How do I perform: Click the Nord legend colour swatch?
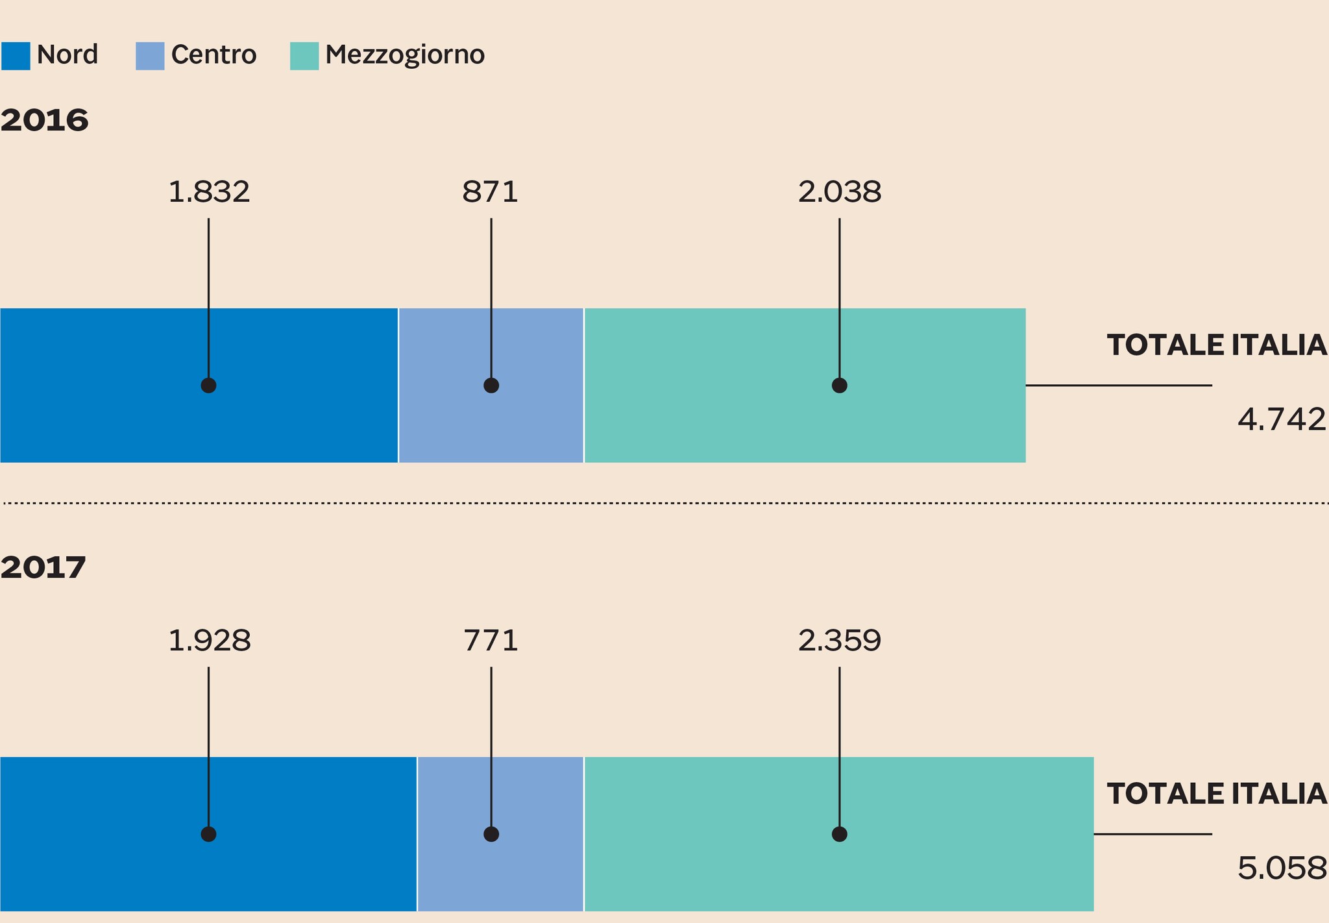tap(16, 56)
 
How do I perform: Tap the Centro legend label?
tap(213, 55)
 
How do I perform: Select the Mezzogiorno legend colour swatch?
tap(304, 56)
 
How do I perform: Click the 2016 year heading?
tap(44, 121)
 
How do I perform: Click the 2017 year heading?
tap(43, 568)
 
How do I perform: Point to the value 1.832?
tap(208, 192)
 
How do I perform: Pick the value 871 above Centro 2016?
tap(491, 192)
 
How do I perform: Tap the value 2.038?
tap(839, 192)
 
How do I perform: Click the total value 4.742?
tap(1282, 420)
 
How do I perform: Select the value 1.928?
tap(209, 641)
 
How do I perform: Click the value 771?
tap(491, 641)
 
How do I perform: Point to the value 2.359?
tap(839, 641)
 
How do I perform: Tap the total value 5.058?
tap(1282, 868)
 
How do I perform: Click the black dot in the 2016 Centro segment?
tap(491, 386)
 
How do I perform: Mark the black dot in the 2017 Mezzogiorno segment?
tap(839, 834)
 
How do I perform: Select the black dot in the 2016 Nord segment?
tap(208, 386)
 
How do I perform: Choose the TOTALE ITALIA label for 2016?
tap(1216, 345)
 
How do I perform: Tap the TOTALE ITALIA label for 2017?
tap(1216, 794)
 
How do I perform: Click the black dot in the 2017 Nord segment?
tap(208, 834)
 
